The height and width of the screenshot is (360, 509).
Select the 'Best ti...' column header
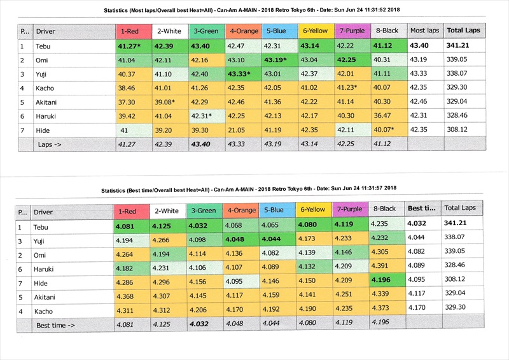(421, 209)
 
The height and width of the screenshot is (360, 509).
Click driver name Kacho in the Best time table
(45, 311)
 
